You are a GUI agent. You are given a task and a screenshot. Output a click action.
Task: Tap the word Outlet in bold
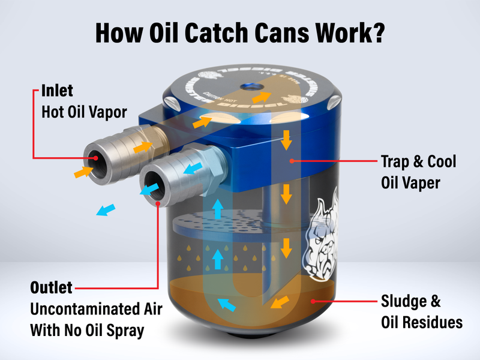pyautogui.click(x=52, y=287)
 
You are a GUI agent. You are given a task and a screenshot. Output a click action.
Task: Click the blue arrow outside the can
pyautogui.click(x=107, y=210)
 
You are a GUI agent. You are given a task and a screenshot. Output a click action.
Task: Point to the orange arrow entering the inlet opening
pyautogui.click(x=83, y=172)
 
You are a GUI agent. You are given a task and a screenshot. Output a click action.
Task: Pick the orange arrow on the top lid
pyautogui.click(x=259, y=96)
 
